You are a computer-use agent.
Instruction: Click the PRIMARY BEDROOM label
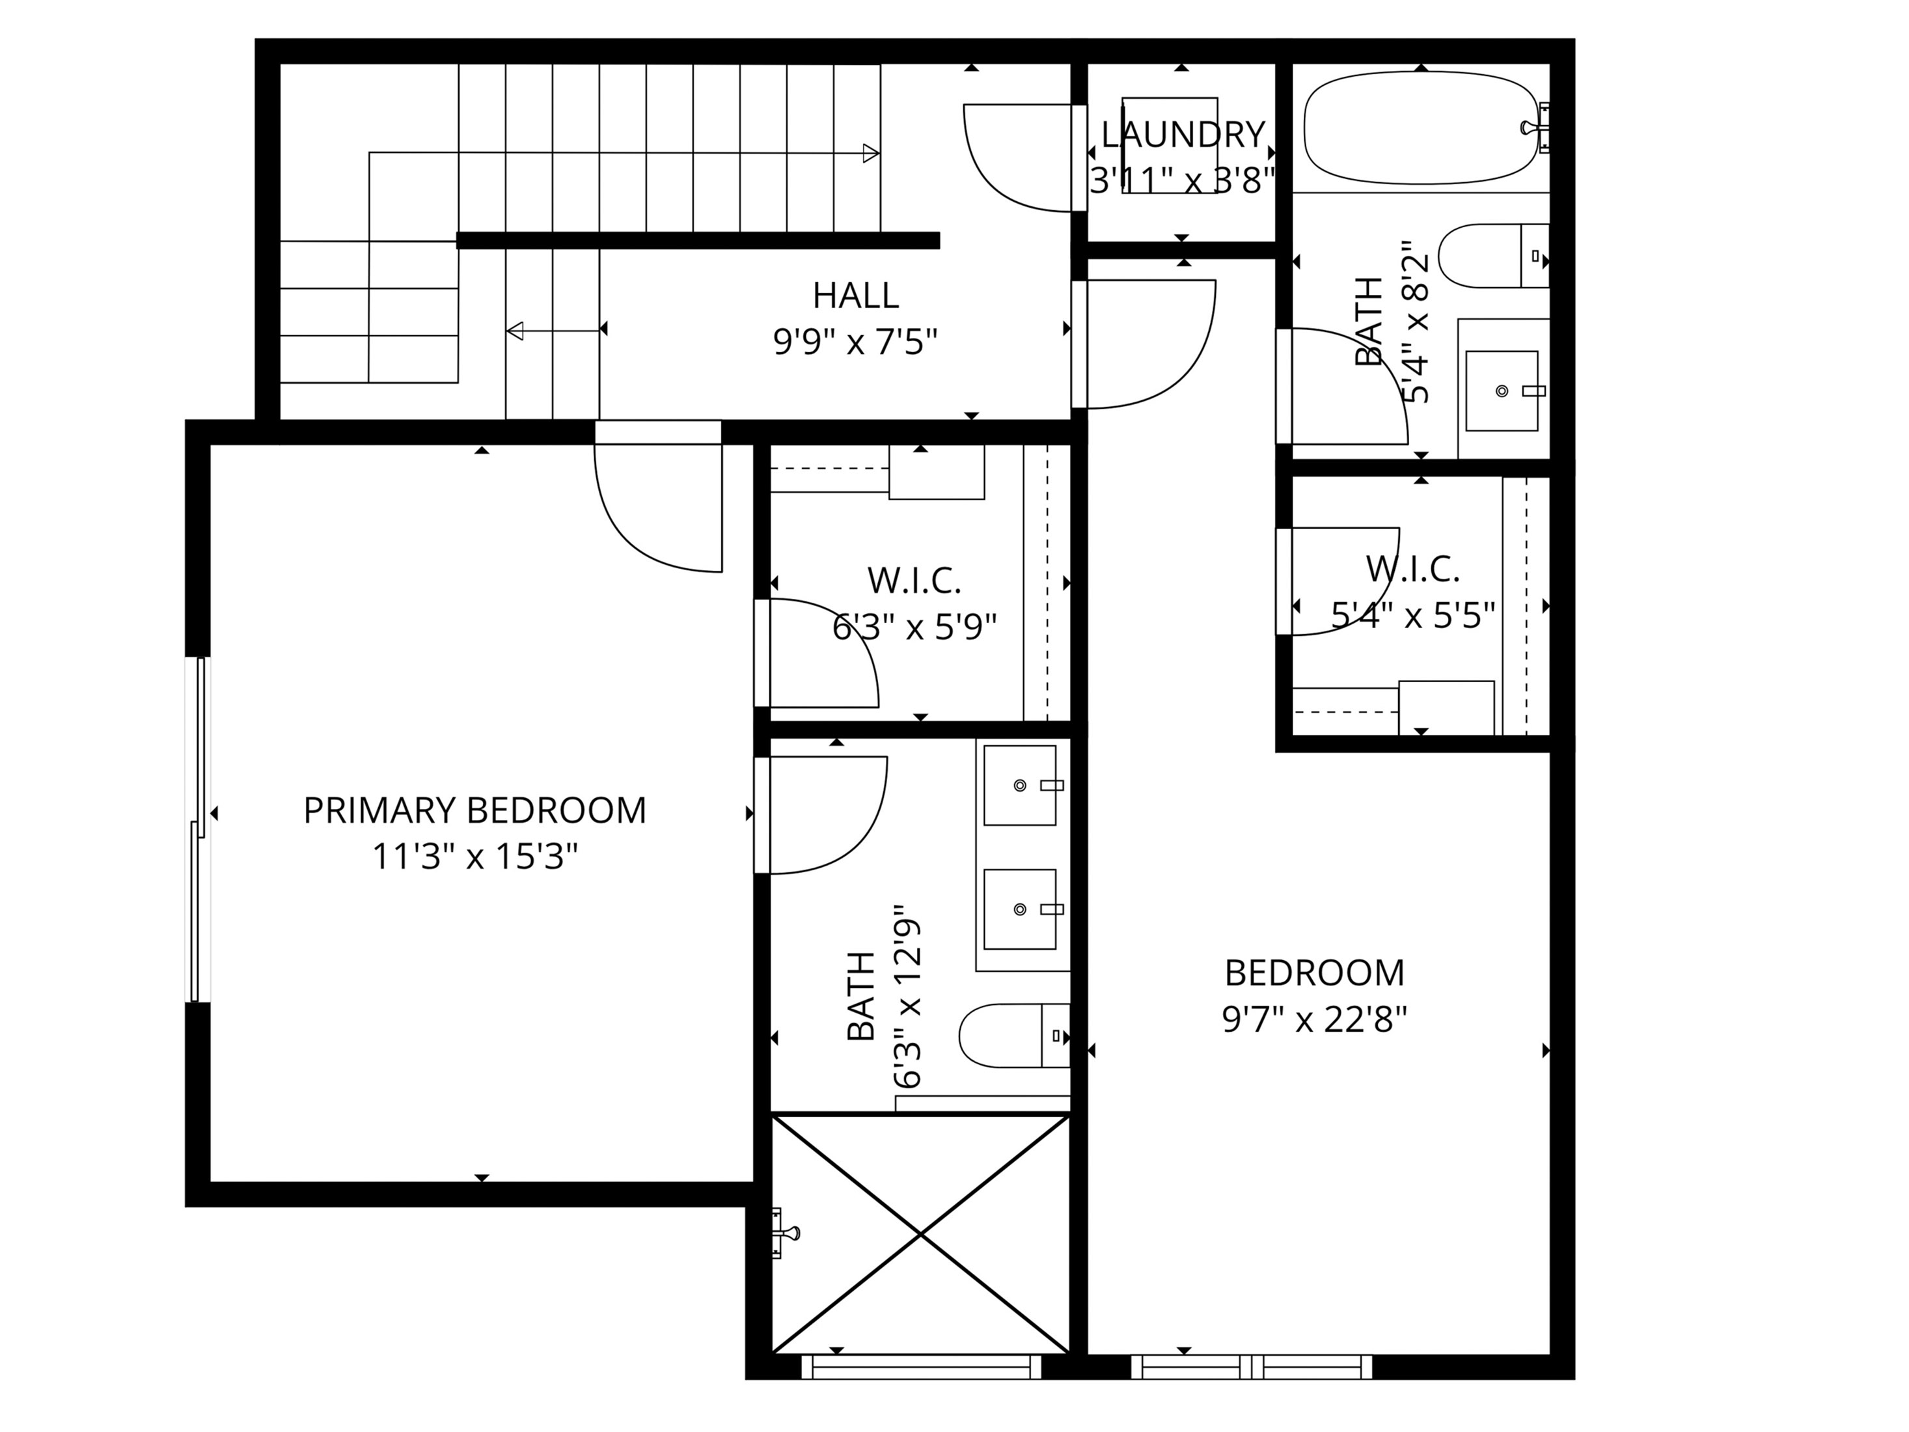pos(474,810)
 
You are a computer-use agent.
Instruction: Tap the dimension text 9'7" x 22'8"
pos(1314,1020)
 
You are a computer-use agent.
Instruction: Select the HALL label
pos(855,296)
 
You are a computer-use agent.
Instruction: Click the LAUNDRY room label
pos(1183,135)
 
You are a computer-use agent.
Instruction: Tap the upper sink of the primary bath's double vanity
pos(1020,786)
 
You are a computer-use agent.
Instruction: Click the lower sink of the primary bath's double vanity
pos(1020,909)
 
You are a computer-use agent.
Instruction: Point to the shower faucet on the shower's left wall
pos(786,1233)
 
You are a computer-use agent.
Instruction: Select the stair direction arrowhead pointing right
pos(871,154)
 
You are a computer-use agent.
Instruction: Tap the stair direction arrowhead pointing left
pos(515,331)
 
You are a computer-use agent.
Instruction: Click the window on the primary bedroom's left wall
pos(199,829)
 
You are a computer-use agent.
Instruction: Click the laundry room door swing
pos(1019,159)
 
